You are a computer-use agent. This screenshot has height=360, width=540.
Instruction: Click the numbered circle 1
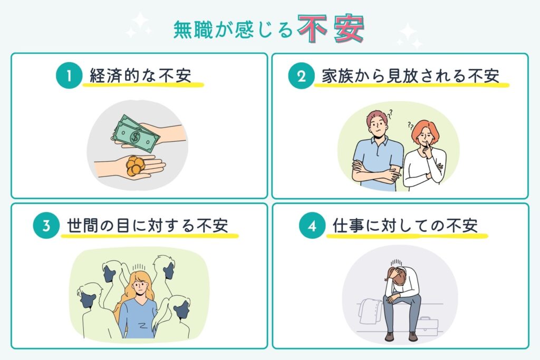(x=69, y=76)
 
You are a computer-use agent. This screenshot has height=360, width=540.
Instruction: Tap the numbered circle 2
(x=301, y=76)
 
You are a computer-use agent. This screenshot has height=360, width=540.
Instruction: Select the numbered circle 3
(x=45, y=226)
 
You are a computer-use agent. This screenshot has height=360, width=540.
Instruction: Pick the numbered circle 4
(x=310, y=226)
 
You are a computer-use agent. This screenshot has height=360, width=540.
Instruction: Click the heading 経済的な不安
(x=143, y=76)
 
